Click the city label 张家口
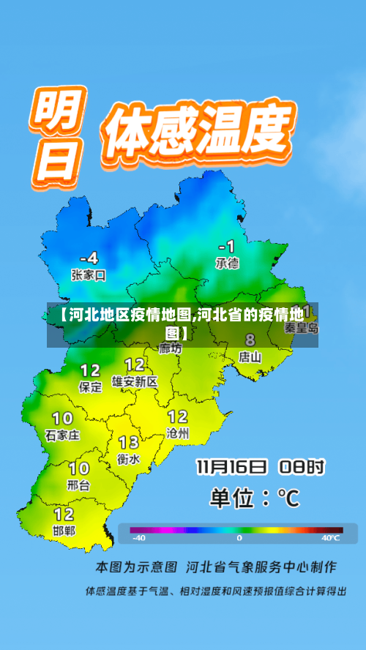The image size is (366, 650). coord(89,275)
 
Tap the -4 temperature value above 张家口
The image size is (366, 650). coord(89,258)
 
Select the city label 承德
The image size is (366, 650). coord(227,263)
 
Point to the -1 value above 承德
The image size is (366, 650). coord(228,246)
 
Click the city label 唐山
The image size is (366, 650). coord(250,357)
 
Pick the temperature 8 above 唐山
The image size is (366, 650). coord(250,340)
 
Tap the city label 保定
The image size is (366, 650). coord(91,387)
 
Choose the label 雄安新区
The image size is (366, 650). coord(135,381)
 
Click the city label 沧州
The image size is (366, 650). coord(178,433)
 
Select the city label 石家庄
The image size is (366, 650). coord(62,435)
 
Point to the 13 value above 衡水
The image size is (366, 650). coord(129,442)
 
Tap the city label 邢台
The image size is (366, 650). coord(79,485)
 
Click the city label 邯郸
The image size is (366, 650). coord(64,530)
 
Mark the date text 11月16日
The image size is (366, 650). coord(231,467)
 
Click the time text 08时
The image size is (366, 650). coord(301,467)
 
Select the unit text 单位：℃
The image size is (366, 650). coord(255,498)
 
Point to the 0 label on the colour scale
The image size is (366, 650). coord(239,538)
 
